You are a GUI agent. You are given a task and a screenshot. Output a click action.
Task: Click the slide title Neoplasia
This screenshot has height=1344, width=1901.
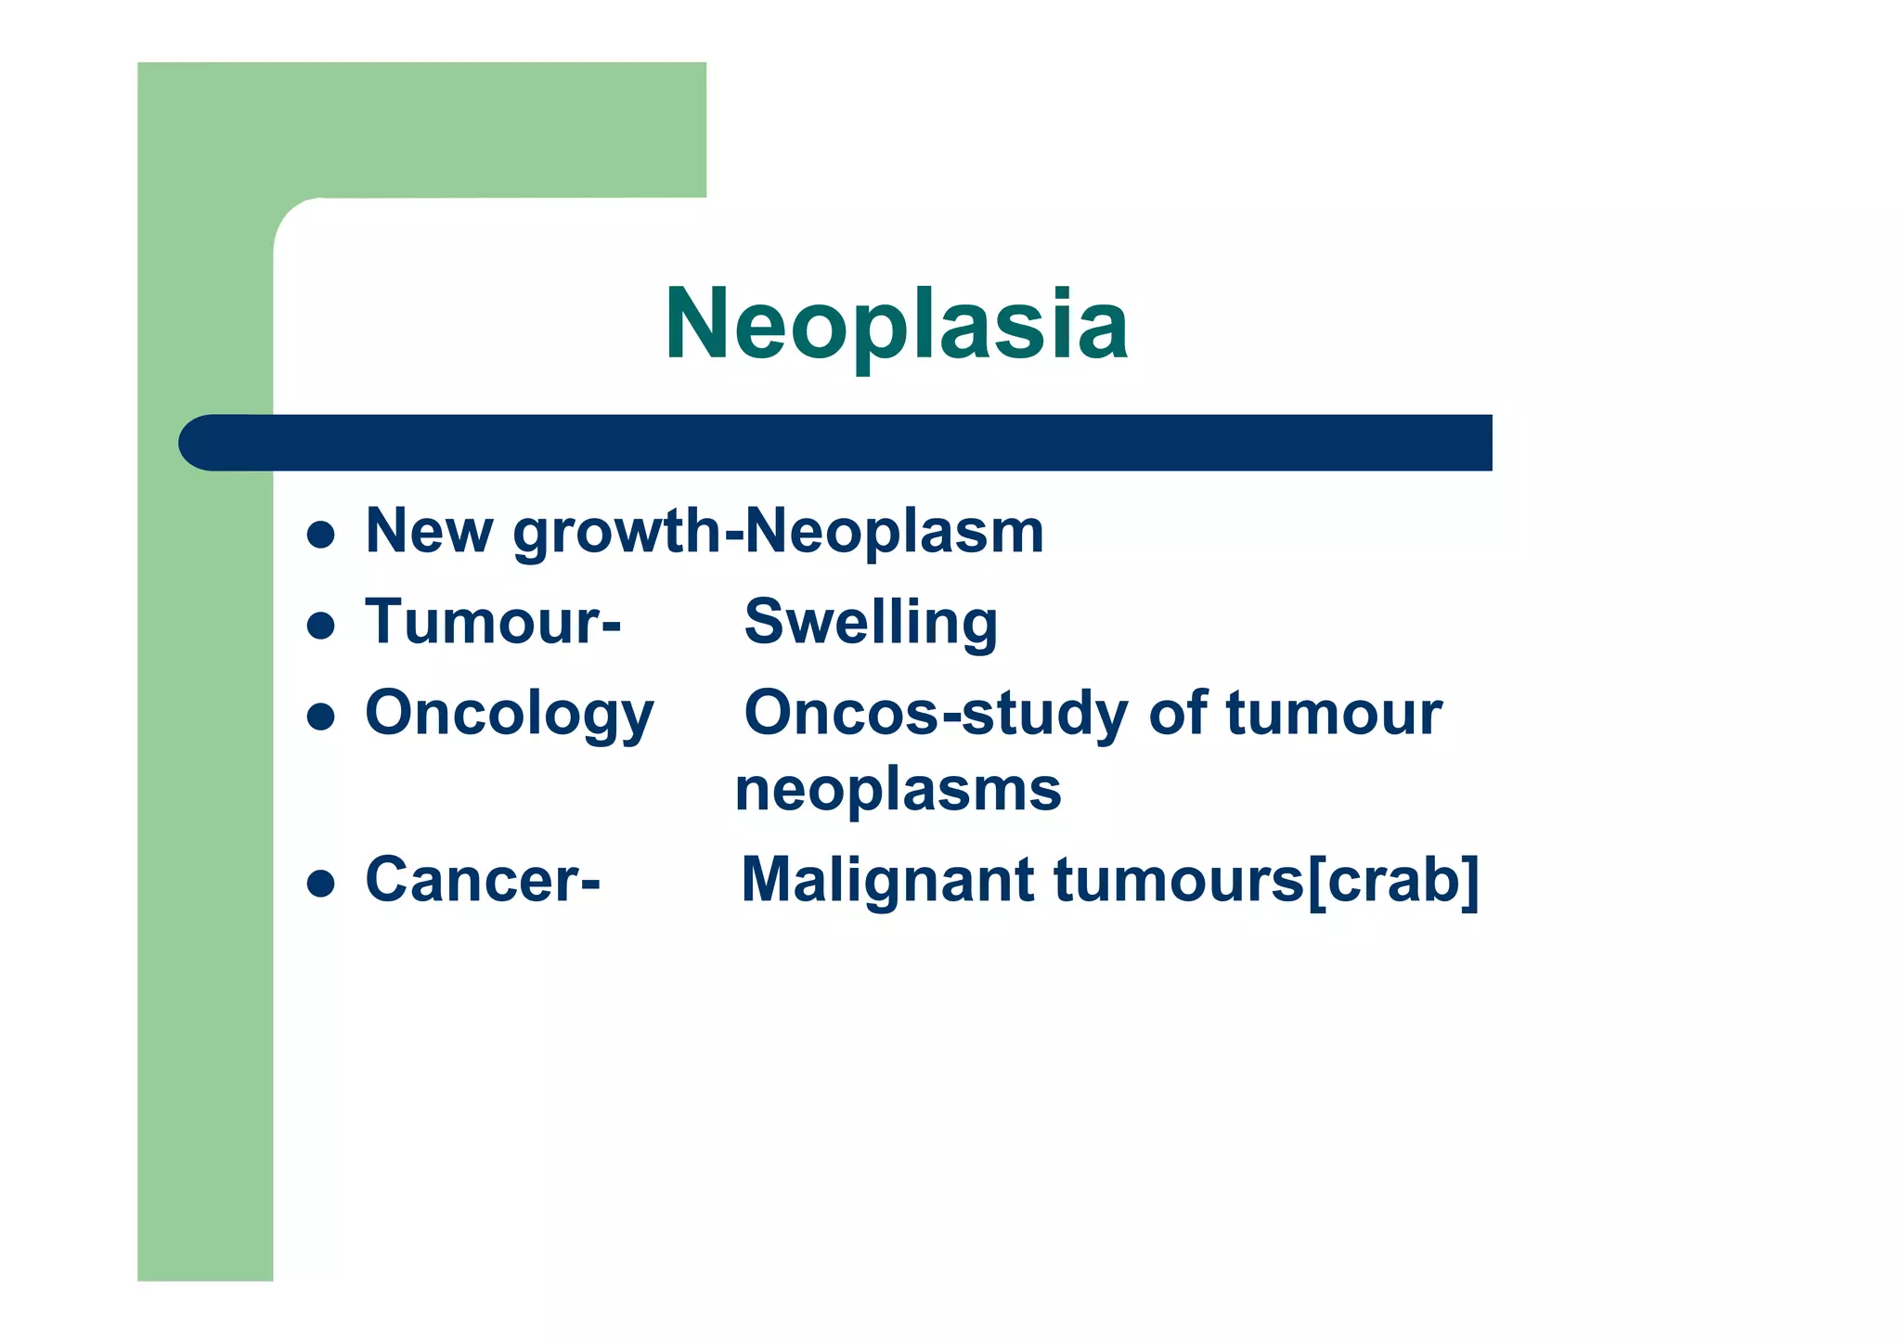[x=896, y=324]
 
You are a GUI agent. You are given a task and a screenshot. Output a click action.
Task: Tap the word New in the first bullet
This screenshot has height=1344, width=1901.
[x=428, y=532]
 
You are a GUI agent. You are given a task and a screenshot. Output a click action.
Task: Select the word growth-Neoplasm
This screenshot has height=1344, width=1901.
[x=778, y=533]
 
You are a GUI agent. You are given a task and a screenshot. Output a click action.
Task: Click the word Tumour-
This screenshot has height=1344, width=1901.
[x=492, y=622]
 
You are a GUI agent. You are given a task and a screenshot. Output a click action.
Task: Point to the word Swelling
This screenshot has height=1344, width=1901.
[x=871, y=622]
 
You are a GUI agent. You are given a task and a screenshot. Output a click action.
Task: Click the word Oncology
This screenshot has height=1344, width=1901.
[x=510, y=714]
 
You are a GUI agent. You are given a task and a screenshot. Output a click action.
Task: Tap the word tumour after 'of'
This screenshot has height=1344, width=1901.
[x=1333, y=714]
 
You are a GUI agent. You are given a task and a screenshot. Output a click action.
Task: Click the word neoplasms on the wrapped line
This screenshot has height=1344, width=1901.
[x=898, y=790]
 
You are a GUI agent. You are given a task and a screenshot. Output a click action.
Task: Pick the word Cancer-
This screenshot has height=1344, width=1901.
[x=483, y=879]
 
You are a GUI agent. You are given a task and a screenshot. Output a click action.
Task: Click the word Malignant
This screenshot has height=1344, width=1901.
[x=886, y=879]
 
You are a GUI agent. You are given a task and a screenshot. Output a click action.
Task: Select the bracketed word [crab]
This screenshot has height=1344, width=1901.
[x=1392, y=880]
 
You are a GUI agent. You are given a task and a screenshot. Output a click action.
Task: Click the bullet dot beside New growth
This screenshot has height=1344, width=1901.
[x=320, y=535]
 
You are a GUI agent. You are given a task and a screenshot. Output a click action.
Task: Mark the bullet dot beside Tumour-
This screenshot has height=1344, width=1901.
[x=320, y=626]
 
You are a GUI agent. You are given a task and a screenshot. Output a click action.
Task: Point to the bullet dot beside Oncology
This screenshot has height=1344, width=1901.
[x=320, y=717]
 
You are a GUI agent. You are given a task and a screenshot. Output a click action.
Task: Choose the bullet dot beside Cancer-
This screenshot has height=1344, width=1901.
[x=320, y=883]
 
